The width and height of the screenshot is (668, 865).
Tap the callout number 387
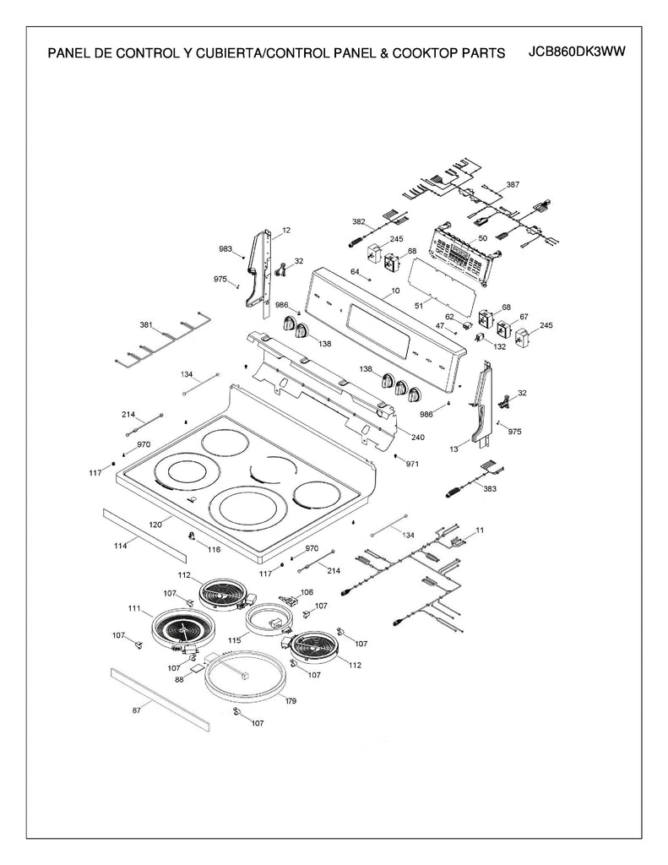(513, 184)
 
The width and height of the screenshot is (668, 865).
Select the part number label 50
(482, 239)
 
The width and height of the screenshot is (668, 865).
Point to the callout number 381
(146, 324)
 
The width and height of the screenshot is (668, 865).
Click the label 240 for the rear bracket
(417, 437)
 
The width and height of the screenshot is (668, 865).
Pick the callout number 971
(412, 464)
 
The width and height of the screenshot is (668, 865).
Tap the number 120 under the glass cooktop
(155, 525)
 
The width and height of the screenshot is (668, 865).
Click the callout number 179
(290, 701)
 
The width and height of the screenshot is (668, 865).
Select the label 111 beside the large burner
(134, 608)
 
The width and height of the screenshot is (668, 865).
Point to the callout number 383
(490, 488)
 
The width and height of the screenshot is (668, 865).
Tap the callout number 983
(225, 249)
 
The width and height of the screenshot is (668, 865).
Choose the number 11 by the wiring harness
(480, 529)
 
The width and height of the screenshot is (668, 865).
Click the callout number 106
(306, 592)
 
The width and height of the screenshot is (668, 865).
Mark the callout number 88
(179, 679)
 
